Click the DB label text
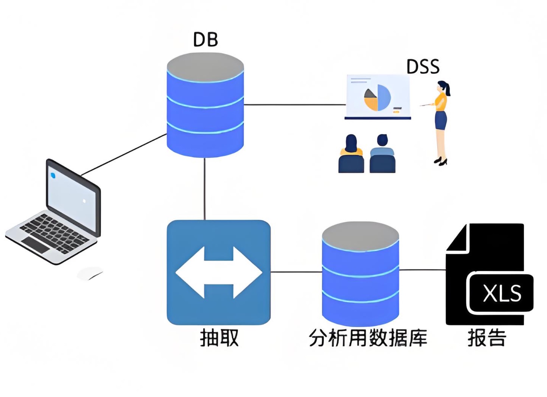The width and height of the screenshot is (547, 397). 205,39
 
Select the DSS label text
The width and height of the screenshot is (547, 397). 423,67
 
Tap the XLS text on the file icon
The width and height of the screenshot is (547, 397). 502,294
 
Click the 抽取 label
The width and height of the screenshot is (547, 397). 219,338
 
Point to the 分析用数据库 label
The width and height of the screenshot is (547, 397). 368,338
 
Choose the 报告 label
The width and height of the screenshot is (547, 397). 487,338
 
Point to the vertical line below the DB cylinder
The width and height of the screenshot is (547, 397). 205,189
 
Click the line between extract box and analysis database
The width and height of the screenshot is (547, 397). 296,272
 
